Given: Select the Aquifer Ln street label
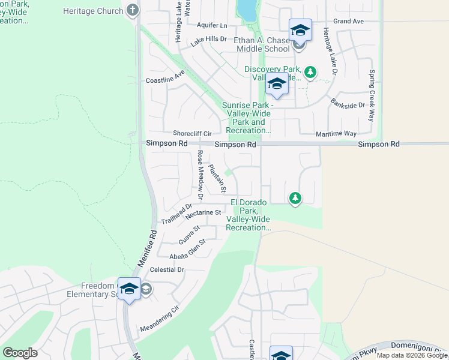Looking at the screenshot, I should coord(212,26).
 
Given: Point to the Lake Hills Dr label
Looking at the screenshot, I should coord(209,40).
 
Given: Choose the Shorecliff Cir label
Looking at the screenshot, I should coord(193,133).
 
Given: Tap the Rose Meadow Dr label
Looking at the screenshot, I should coord(200,175).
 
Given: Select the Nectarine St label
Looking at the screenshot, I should coord(204,213).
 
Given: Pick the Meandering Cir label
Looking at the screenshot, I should coord(160,321).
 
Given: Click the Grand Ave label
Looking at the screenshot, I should coord(349,21).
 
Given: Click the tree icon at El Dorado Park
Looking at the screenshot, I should coord(295,197).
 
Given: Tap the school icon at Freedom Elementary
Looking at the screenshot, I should coord(129,289).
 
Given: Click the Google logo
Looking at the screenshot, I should coord(20,353).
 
